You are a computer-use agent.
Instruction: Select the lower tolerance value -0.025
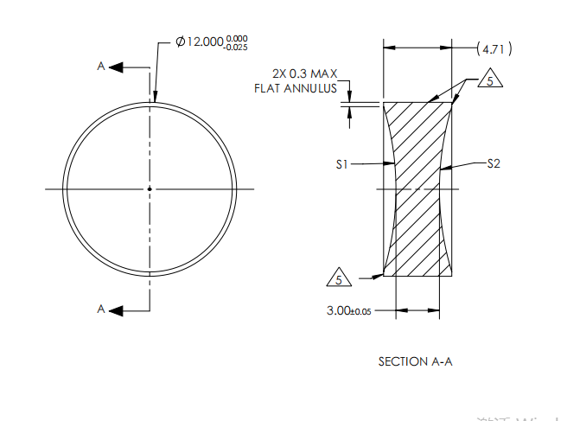pyautogui.click(x=236, y=47)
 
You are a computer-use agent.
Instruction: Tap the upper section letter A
pyautogui.click(x=101, y=67)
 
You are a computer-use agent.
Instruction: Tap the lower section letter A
pyautogui.click(x=101, y=309)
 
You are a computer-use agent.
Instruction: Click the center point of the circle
pyautogui.click(x=150, y=188)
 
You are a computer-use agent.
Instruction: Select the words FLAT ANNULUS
pyautogui.click(x=295, y=88)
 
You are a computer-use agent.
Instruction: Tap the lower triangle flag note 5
pyautogui.click(x=339, y=279)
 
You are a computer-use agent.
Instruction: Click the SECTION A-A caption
pyautogui.click(x=415, y=361)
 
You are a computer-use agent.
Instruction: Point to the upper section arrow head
pyautogui.click(x=117, y=67)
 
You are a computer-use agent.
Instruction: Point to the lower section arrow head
pyautogui.click(x=117, y=309)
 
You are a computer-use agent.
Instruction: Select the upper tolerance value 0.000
pyautogui.click(x=236, y=38)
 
